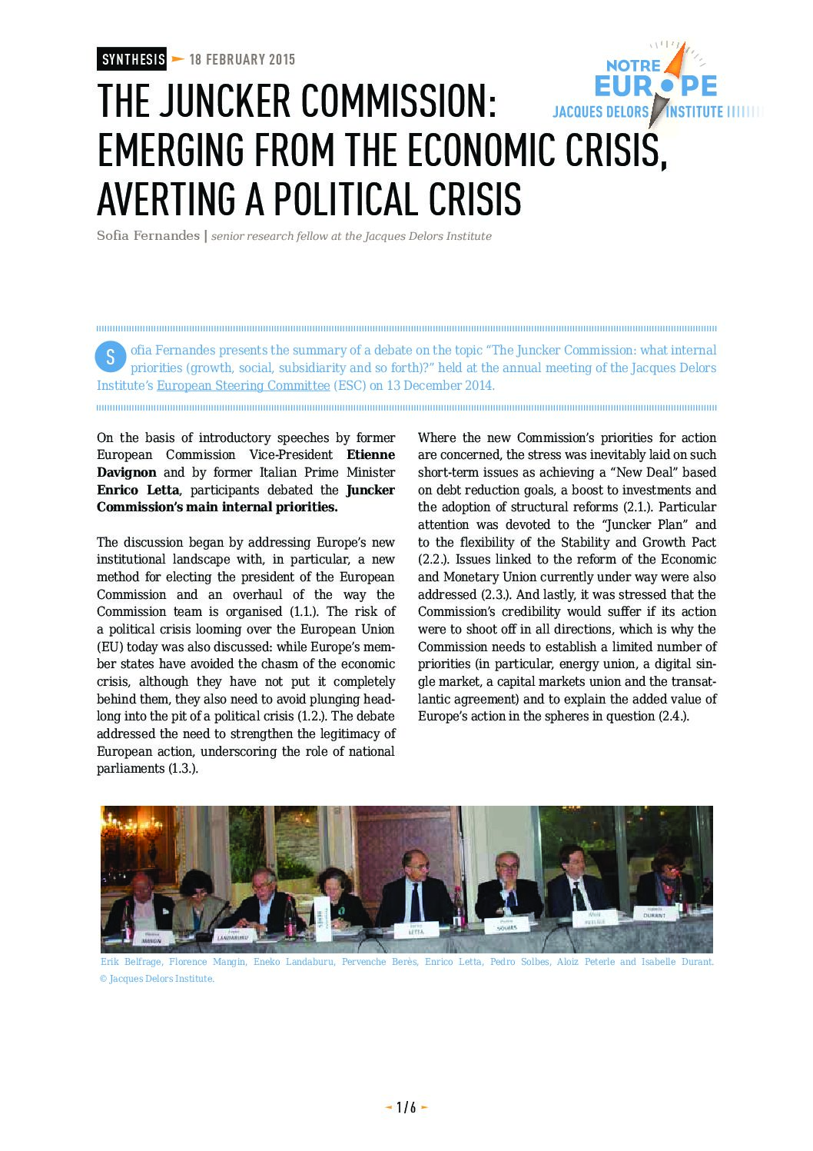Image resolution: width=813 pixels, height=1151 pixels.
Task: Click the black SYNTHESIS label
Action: [x=132, y=59]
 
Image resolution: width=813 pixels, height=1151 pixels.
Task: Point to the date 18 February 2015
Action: [x=242, y=59]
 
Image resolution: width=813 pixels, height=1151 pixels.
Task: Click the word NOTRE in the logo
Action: [x=633, y=66]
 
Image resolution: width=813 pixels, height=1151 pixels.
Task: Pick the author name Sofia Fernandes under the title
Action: [x=148, y=236]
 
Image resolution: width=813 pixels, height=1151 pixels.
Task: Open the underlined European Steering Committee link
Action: [x=243, y=385]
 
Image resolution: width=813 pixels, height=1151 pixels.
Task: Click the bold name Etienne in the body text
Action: [x=370, y=455]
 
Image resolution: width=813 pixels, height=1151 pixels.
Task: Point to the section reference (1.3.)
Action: [x=183, y=769]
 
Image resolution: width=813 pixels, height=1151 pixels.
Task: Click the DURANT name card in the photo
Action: [x=655, y=913]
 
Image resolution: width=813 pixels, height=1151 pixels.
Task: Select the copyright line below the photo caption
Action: [x=158, y=979]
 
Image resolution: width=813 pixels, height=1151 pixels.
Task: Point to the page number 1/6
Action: [x=406, y=1107]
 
